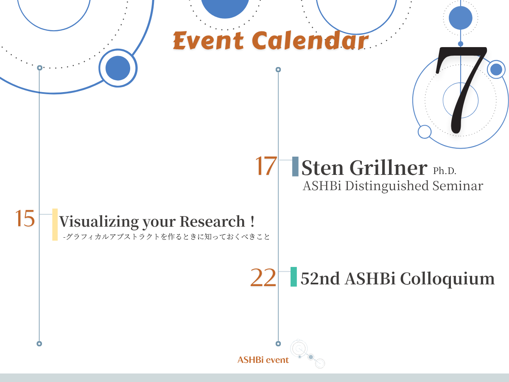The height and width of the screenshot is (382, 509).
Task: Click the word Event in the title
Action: pos(208,41)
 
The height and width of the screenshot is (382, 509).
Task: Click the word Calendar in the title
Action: pos(310,40)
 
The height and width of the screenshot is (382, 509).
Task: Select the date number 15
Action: pos(25,218)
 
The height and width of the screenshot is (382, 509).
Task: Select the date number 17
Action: pos(266,166)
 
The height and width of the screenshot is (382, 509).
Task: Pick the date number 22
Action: pos(263,278)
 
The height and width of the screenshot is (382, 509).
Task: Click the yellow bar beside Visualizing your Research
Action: pos(55,225)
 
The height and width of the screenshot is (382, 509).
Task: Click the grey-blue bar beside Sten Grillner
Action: pos(295,166)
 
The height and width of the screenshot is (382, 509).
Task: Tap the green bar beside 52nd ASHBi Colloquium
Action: pos(294,277)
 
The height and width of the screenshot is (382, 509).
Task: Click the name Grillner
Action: pos(389,168)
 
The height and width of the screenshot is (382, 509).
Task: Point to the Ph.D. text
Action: pos(445,171)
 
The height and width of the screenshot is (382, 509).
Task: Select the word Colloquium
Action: pos(447,279)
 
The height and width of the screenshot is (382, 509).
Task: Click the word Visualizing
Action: pos(99,222)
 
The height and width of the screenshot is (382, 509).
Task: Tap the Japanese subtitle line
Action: pos(167,236)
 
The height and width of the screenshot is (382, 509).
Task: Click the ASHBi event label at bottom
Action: pos(263,360)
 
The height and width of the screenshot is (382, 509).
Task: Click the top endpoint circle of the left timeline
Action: pos(39,68)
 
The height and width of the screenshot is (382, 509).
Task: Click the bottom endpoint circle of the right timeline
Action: pos(278,344)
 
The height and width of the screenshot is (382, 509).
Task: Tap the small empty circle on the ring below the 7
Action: pos(425,132)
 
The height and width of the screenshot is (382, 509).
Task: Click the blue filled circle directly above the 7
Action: pos(461,18)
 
